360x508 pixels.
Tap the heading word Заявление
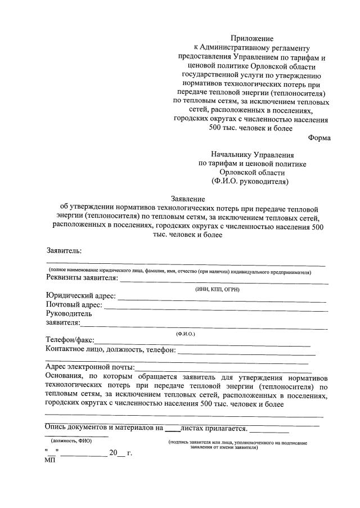(x=188, y=198)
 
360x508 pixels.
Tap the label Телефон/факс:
(x=70, y=340)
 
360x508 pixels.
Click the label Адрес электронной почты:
(x=89, y=368)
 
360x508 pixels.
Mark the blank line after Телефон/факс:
(x=202, y=343)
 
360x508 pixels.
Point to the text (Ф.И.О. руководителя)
(x=250, y=182)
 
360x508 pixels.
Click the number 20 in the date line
(x=114, y=452)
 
